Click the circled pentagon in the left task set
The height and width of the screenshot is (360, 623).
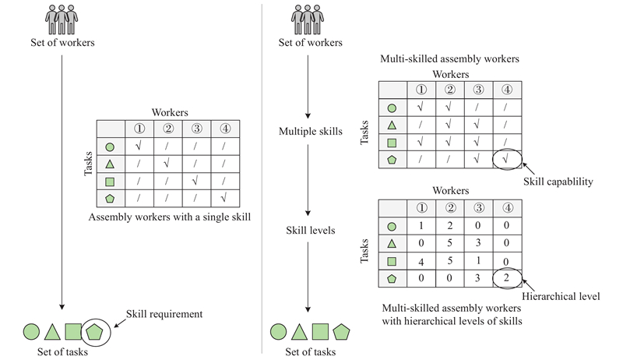point(94,331)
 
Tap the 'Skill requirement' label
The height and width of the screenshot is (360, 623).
point(164,314)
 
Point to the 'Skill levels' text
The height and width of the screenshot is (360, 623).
point(310,231)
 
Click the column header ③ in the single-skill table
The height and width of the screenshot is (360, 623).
point(194,129)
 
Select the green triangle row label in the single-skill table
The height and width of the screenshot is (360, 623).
point(110,164)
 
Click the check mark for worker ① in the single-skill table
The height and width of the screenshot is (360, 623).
point(138,146)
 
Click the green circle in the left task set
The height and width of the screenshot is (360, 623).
point(32,331)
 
